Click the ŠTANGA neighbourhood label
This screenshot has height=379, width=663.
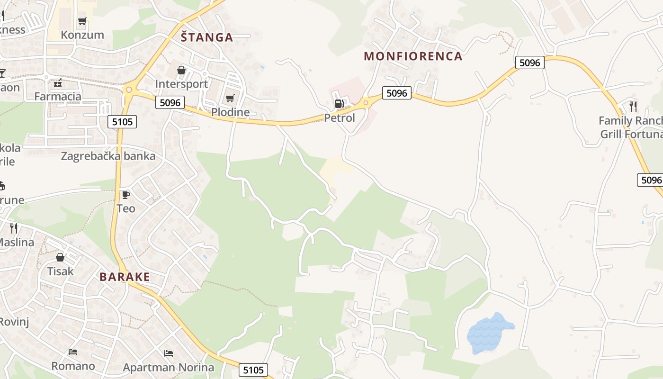click(207, 37)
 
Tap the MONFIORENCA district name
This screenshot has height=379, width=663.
click(413, 56)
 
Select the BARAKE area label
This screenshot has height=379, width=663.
click(125, 277)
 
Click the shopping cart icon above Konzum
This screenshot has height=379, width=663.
click(82, 21)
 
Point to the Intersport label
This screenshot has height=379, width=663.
click(181, 84)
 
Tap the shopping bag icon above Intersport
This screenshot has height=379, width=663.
click(181, 71)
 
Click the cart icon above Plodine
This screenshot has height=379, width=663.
click(230, 99)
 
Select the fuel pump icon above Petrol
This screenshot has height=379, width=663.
click(339, 104)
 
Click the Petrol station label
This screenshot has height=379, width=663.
click(339, 117)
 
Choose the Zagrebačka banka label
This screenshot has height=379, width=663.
click(108, 156)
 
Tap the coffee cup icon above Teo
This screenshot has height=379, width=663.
click(125, 195)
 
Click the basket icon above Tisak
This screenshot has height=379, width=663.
click(60, 257)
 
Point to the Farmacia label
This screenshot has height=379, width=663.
click(58, 97)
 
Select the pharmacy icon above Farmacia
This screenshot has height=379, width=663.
click(58, 83)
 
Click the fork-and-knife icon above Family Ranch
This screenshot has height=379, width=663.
click(633, 107)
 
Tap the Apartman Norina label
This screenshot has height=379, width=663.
click(168, 367)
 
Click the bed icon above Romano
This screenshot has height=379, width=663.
click(73, 352)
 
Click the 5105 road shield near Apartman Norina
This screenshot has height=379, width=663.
click(253, 370)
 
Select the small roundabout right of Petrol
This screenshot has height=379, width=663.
click(366, 102)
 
